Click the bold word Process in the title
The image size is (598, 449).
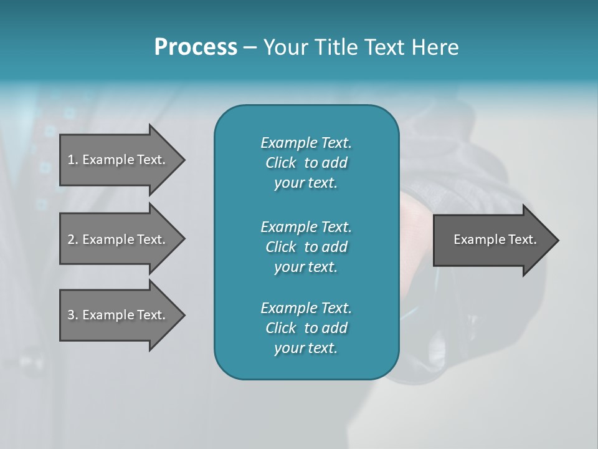196,47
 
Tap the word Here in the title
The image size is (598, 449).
434,47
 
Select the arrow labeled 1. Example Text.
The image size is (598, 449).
118,160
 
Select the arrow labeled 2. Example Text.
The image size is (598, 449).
118,239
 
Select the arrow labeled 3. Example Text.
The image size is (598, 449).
118,315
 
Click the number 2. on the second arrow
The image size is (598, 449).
73,239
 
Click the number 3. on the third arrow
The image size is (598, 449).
73,315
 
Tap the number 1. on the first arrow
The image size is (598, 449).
73,160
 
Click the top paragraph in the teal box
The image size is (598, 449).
306,163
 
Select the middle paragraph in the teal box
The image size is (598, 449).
306,246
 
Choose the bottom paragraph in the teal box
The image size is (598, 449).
306,328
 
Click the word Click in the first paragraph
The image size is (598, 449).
281,163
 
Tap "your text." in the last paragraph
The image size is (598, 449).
306,349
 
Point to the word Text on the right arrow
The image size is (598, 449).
523,239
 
